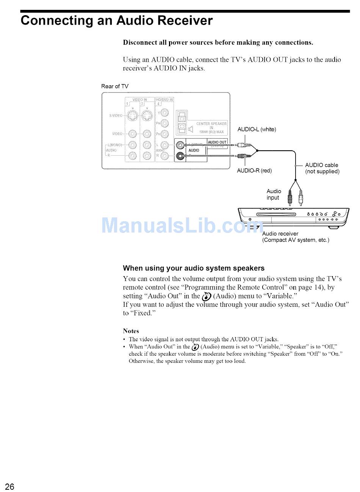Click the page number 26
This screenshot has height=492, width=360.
tap(9, 486)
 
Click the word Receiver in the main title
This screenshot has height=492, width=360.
tap(179, 20)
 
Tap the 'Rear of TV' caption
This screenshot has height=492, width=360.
tap(115, 86)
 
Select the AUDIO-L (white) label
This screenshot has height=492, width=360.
tap(257, 130)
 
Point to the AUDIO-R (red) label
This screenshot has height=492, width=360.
tap(254, 170)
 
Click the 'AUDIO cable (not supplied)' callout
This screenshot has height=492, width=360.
tap(322, 168)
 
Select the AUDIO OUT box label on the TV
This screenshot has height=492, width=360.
tap(217, 142)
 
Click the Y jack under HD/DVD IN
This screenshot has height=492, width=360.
tap(164, 112)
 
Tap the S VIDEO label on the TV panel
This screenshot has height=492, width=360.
tap(116, 116)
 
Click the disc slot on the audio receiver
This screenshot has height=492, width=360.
tap(280, 214)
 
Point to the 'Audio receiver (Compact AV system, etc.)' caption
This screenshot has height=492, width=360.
tap(296, 237)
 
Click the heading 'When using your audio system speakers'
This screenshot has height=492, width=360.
tap(194, 268)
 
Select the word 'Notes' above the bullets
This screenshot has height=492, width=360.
tap(131, 331)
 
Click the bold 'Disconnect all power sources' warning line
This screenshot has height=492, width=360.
tap(218, 42)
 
